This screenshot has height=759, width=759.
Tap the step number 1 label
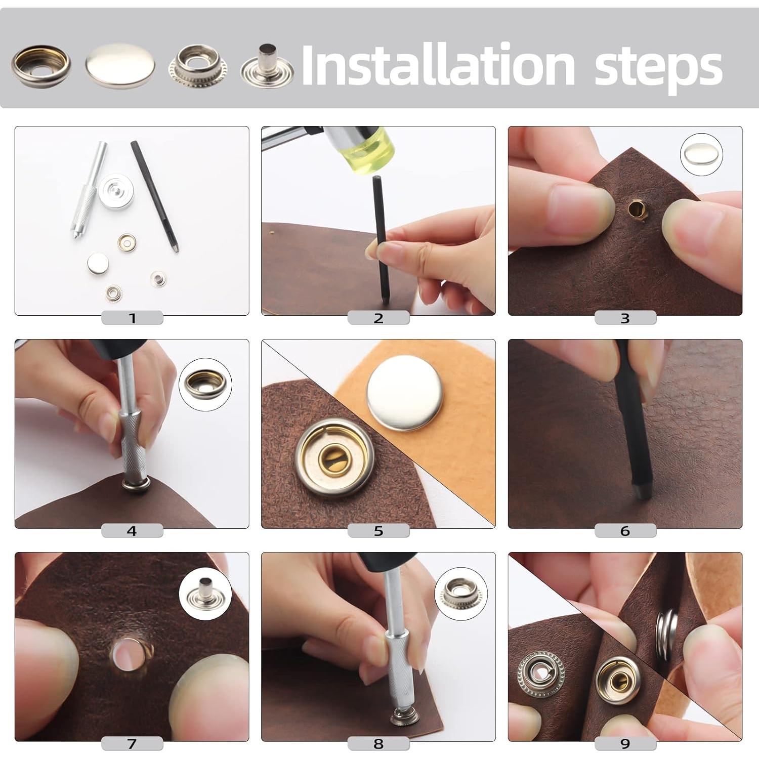coord(132,318)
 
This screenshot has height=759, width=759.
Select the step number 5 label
coord(378,531)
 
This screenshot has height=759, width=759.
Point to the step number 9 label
coord(625,743)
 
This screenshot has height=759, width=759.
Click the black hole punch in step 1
coord(154,197)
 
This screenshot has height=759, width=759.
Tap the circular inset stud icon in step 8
coord(459,593)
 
